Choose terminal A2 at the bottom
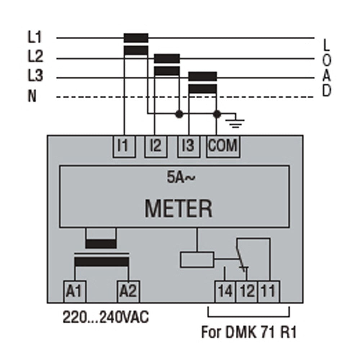point(129,291)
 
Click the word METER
point(178,208)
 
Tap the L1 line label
point(35,37)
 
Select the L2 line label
point(35,57)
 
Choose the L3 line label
point(35,76)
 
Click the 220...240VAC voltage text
point(106,318)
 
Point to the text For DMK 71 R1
point(249,332)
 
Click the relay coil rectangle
point(197,260)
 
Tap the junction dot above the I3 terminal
point(179,114)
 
